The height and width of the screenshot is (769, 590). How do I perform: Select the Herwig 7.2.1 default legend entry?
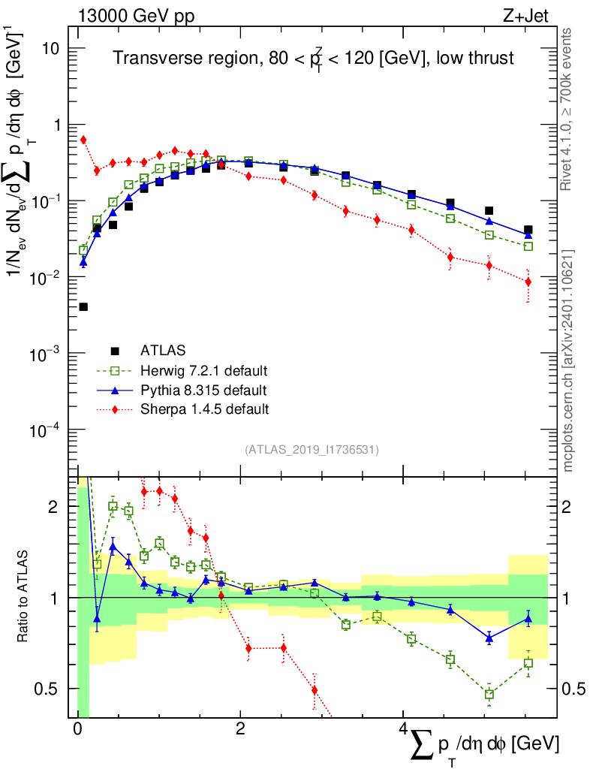(x=203, y=370)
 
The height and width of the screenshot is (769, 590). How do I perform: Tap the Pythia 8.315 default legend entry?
(x=203, y=390)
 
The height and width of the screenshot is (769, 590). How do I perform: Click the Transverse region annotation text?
(x=313, y=59)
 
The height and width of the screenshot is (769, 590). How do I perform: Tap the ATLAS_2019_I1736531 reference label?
(x=312, y=450)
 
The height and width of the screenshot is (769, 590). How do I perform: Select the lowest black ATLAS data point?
(x=83, y=306)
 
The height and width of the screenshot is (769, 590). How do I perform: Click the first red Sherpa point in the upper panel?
(x=83, y=140)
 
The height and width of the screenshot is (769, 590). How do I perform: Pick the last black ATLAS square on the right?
(x=528, y=230)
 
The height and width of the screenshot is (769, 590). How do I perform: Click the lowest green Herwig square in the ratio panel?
(x=489, y=695)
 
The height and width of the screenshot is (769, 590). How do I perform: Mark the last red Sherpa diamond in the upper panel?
(x=528, y=282)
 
